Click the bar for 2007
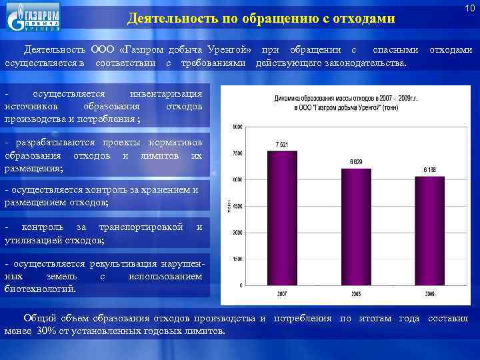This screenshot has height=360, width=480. click(282, 219)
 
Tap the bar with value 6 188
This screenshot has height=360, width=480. click(429, 231)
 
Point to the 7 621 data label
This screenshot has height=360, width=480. click(281, 145)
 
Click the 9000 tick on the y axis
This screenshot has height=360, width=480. click(237, 127)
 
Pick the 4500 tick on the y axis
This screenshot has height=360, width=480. click(237, 206)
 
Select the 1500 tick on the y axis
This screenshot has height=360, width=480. click(237, 259)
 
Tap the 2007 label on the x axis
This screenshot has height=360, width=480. click(281, 293)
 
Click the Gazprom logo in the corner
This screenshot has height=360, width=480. click(33, 17)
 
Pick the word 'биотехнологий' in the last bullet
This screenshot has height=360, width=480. click(39, 288)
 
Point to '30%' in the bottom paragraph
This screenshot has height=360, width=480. click(47, 331)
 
